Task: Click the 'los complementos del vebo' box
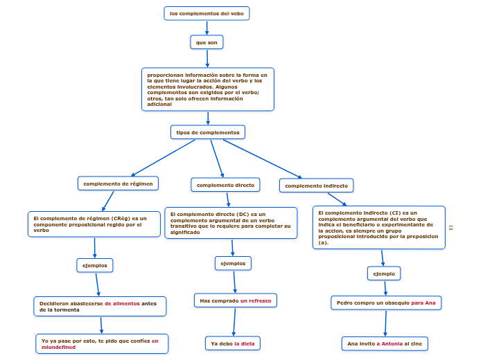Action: pyautogui.click(x=207, y=13)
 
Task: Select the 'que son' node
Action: pyautogui.click(x=207, y=42)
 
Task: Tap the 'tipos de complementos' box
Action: pyautogui.click(x=207, y=132)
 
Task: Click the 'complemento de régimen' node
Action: pyautogui.click(x=118, y=183)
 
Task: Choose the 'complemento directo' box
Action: pyautogui.click(x=225, y=185)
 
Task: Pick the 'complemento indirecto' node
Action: pyautogui.click(x=317, y=186)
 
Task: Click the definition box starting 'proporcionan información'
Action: pyautogui.click(x=207, y=89)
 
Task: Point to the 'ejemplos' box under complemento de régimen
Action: pyautogui.click(x=94, y=265)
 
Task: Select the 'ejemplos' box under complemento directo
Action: pyautogui.click(x=233, y=263)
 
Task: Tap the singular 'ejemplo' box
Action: pyautogui.click(x=384, y=273)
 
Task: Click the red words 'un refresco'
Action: pyautogui.click(x=256, y=300)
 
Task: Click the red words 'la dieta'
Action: pyautogui.click(x=245, y=343)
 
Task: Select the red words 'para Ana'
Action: pyautogui.click(x=423, y=303)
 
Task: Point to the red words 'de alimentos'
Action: pyautogui.click(x=122, y=303)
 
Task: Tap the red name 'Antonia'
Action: pyautogui.click(x=392, y=343)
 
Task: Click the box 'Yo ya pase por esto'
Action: pyautogui.click(x=102, y=343)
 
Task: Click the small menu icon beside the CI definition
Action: pyautogui.click(x=451, y=227)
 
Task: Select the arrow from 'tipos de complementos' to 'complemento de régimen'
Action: pyautogui.click(x=163, y=157)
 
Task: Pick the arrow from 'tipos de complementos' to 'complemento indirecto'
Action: pyautogui.click(x=262, y=159)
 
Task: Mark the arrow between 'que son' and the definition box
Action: pyautogui.click(x=207, y=58)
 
